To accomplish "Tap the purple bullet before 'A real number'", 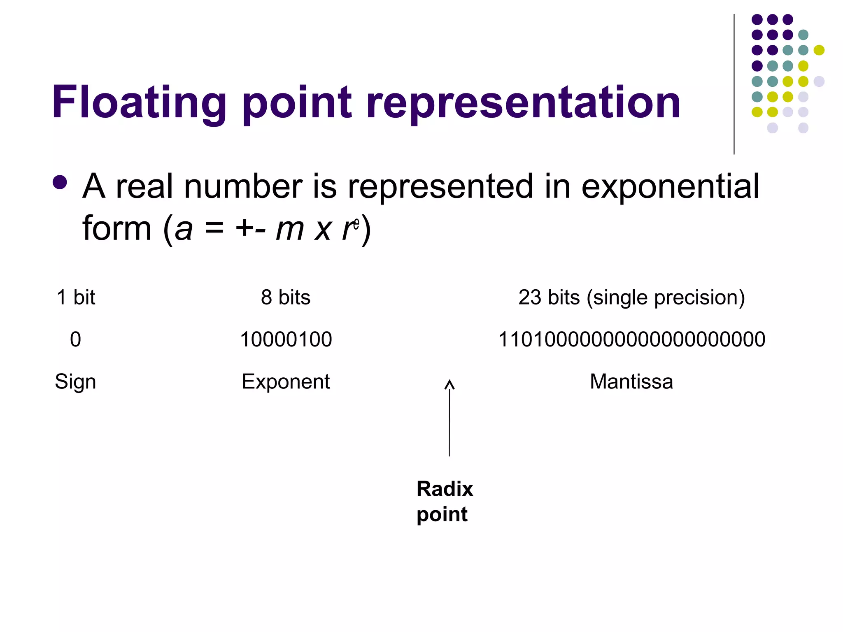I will [60, 183].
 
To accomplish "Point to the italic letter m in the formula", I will [290, 229].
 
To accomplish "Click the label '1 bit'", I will [76, 297].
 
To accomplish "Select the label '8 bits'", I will [285, 297].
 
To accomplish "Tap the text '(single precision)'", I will [666, 298].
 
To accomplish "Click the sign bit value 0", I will [75, 339].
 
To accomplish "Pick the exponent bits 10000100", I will [286, 339].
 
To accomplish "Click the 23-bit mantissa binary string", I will [631, 339].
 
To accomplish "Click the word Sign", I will [75, 382].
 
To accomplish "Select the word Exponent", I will [286, 382].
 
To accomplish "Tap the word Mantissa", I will [631, 381].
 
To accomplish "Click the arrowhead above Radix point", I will [449, 385].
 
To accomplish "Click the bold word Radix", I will [445, 489].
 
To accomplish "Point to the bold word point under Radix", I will [442, 514].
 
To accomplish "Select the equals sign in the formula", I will [214, 229].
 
